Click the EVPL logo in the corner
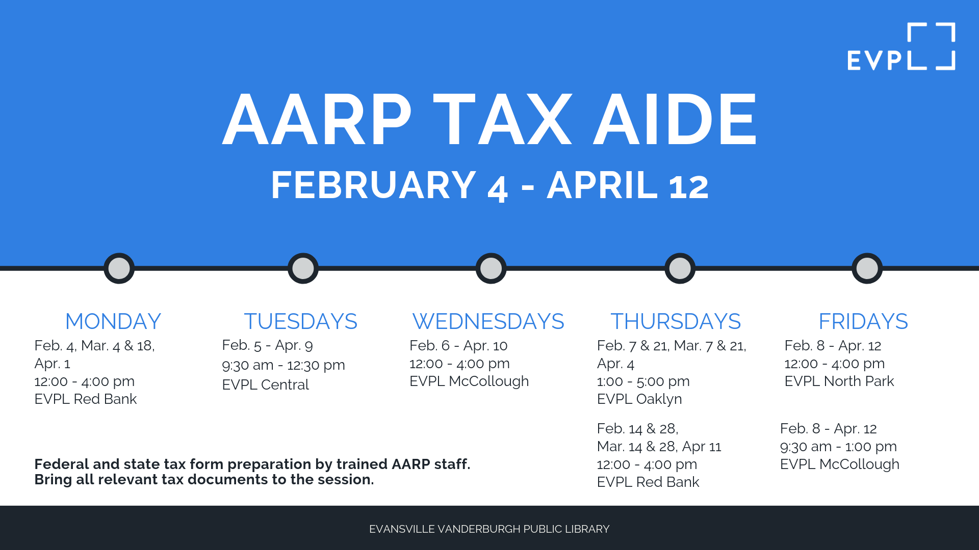click(x=901, y=47)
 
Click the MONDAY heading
click(x=113, y=321)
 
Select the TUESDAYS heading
click(x=301, y=321)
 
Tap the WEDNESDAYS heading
click(x=488, y=321)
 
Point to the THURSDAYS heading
click(x=676, y=321)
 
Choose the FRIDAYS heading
click(x=863, y=321)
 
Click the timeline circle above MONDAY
click(x=119, y=268)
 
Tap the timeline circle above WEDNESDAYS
click(x=491, y=268)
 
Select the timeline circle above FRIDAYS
click(x=867, y=268)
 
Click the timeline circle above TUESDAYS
click(x=303, y=268)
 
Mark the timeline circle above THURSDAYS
click(x=680, y=268)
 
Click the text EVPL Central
click(x=265, y=384)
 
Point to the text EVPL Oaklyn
click(x=639, y=399)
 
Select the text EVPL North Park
click(x=839, y=381)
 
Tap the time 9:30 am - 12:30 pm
click(x=284, y=365)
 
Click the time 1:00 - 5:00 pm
click(x=643, y=381)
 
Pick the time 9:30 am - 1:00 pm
click(x=838, y=447)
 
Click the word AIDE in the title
click(x=675, y=120)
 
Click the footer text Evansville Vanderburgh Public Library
click(x=489, y=529)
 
